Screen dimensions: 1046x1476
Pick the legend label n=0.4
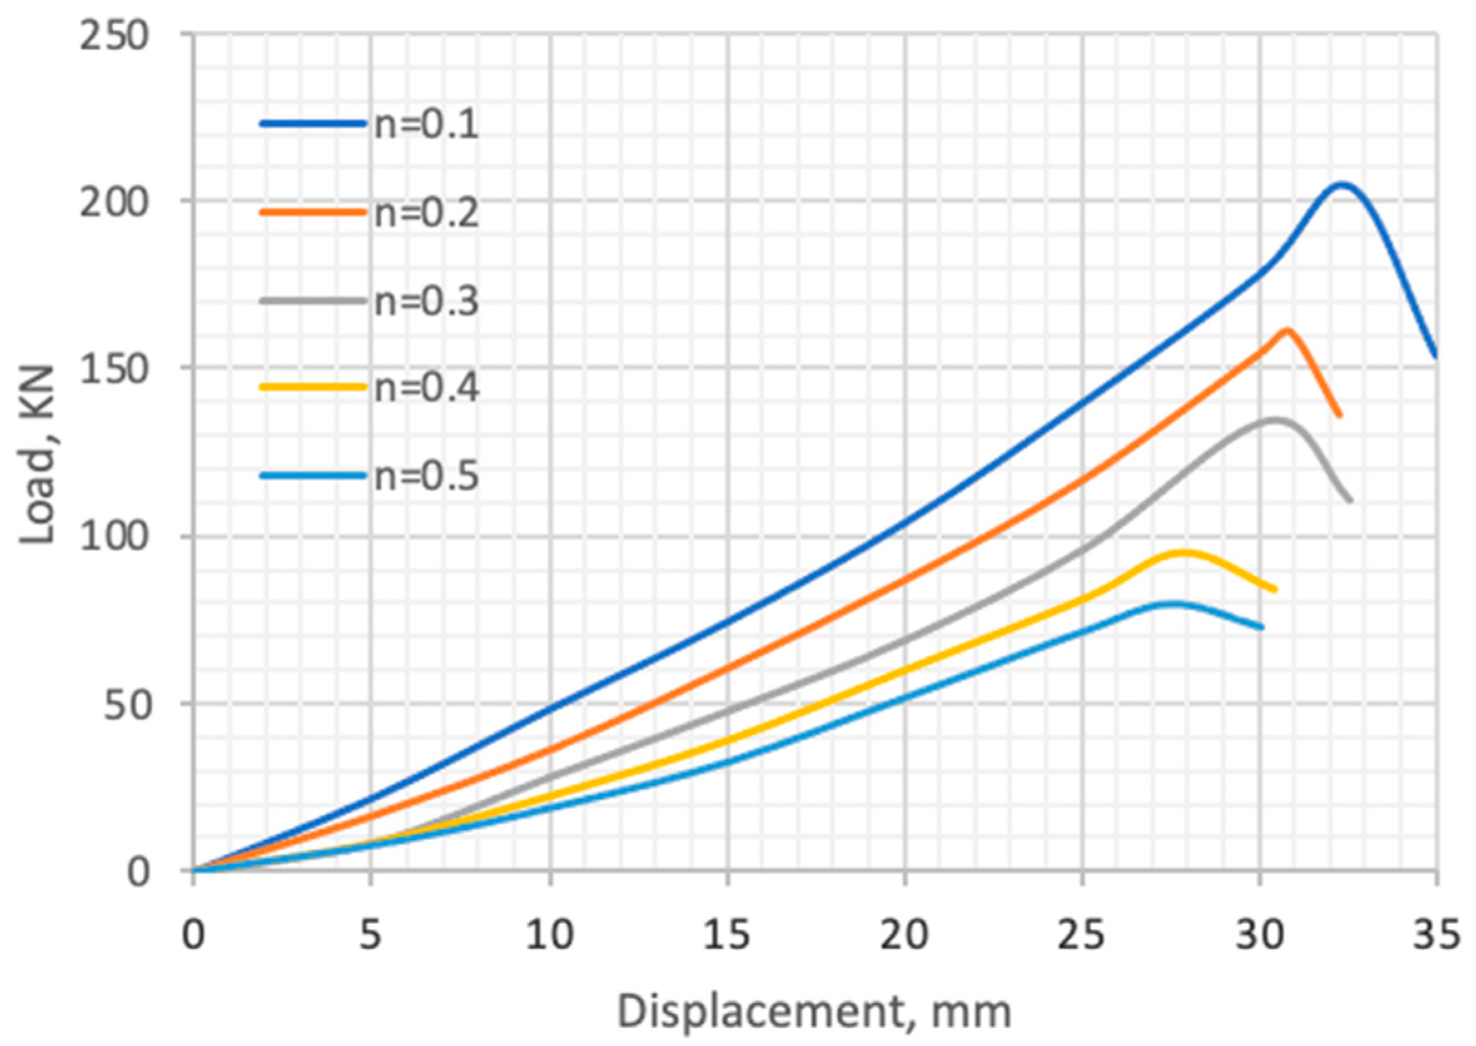[x=426, y=388]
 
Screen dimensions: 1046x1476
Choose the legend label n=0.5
[x=426, y=477]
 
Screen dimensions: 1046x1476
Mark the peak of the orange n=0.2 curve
[x=1286, y=330]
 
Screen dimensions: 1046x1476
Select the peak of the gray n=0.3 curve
[x=1273, y=420]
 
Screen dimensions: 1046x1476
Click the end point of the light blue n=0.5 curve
[x=1261, y=627]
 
